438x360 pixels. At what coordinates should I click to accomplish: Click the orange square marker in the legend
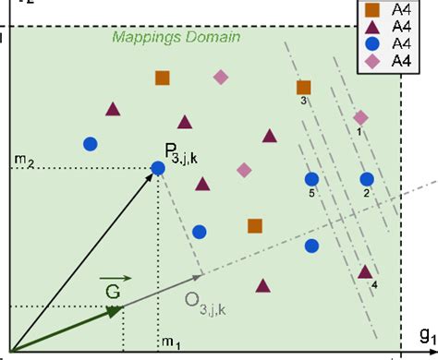click(x=371, y=9)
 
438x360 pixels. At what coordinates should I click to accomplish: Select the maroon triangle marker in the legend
click(x=371, y=27)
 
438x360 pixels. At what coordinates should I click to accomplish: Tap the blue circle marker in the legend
click(x=371, y=43)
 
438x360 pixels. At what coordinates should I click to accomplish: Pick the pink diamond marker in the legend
click(x=371, y=61)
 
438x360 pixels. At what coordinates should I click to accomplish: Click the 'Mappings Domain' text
click(x=176, y=38)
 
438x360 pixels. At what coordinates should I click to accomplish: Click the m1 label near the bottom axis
click(x=169, y=343)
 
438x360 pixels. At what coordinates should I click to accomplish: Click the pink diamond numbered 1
click(x=361, y=117)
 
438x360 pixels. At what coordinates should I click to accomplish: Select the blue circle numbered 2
click(x=367, y=178)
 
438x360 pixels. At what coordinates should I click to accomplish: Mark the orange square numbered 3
click(x=303, y=89)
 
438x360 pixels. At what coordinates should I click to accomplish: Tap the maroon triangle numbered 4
click(x=365, y=272)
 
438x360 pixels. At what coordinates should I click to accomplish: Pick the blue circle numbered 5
click(x=311, y=179)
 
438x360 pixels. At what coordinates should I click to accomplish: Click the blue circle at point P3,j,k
click(x=157, y=167)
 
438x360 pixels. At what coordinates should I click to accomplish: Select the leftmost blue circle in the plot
click(x=91, y=143)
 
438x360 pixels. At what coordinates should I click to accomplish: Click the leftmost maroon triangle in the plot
click(x=113, y=109)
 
